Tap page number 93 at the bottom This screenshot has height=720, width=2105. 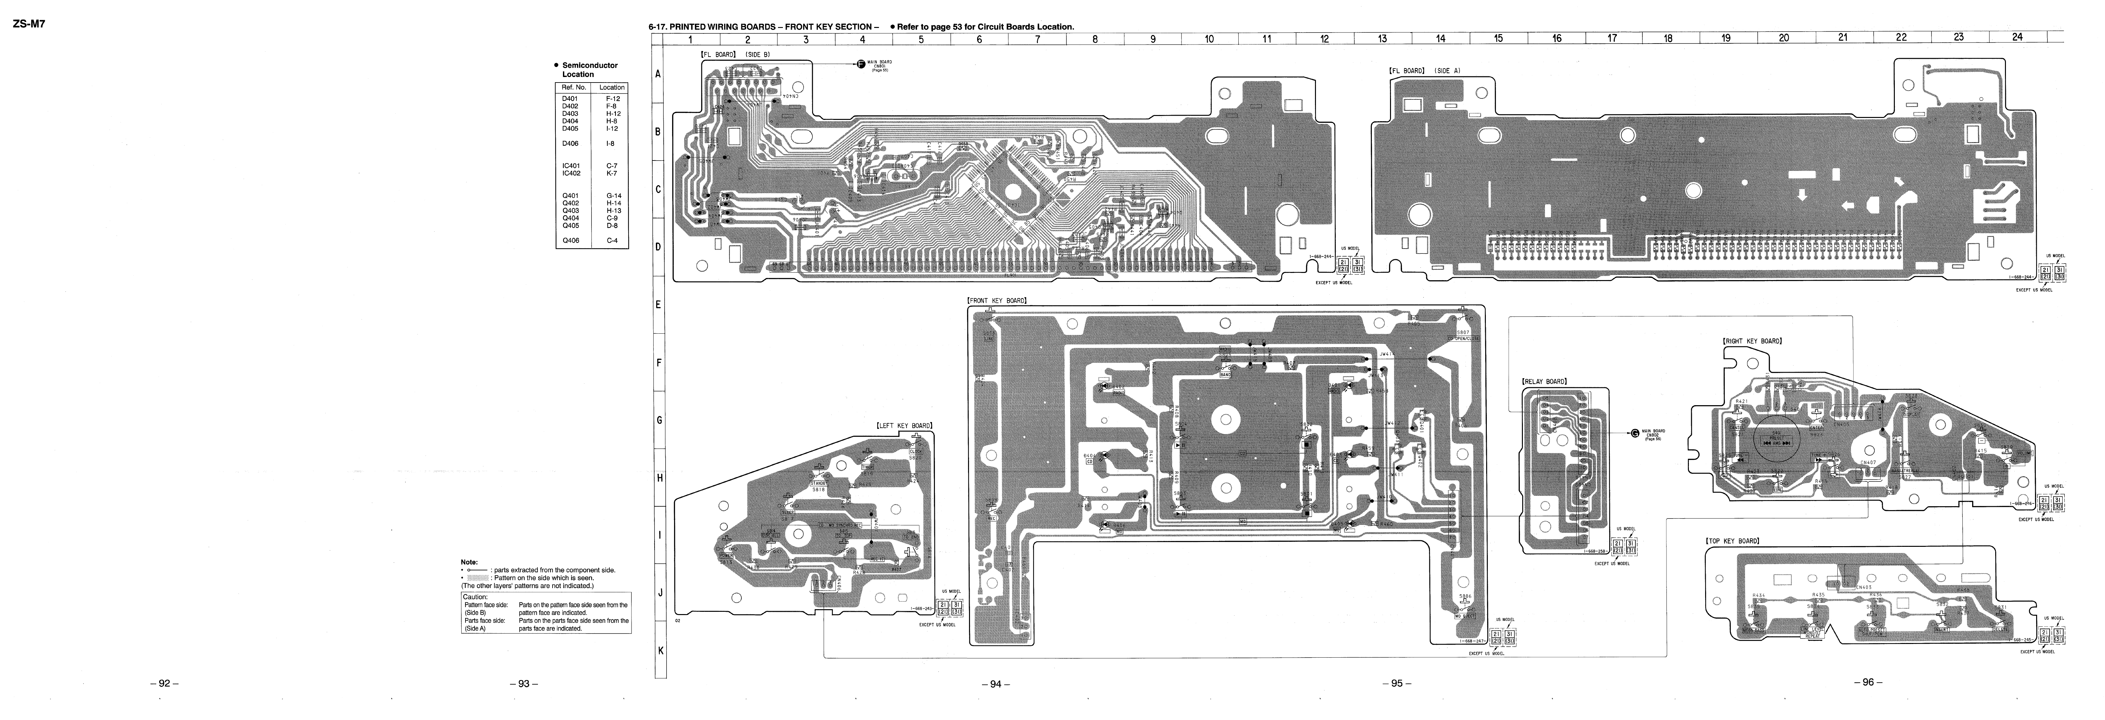[x=523, y=683]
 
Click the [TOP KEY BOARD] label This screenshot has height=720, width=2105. [x=1731, y=541]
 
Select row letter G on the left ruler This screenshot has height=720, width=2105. [x=659, y=420]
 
